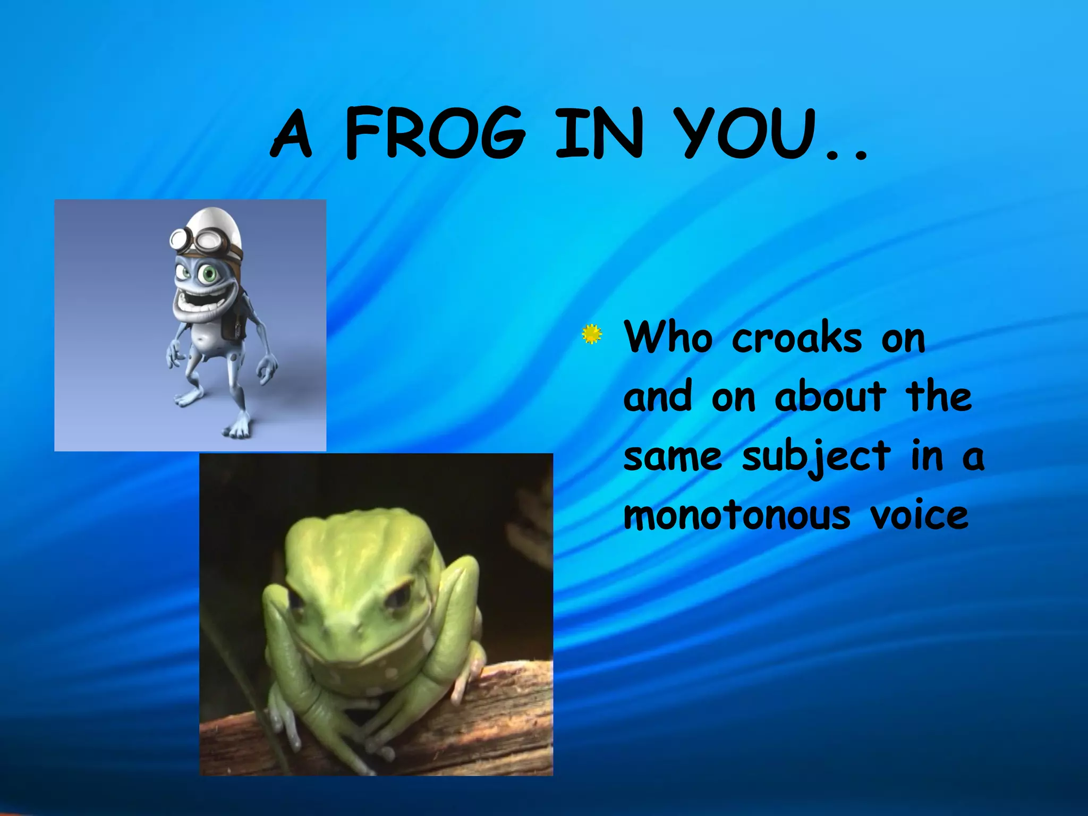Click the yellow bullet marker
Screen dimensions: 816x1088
point(591,334)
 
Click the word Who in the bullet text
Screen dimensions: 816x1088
point(668,337)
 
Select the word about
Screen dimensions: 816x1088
point(830,396)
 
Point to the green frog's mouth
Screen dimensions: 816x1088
point(351,656)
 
